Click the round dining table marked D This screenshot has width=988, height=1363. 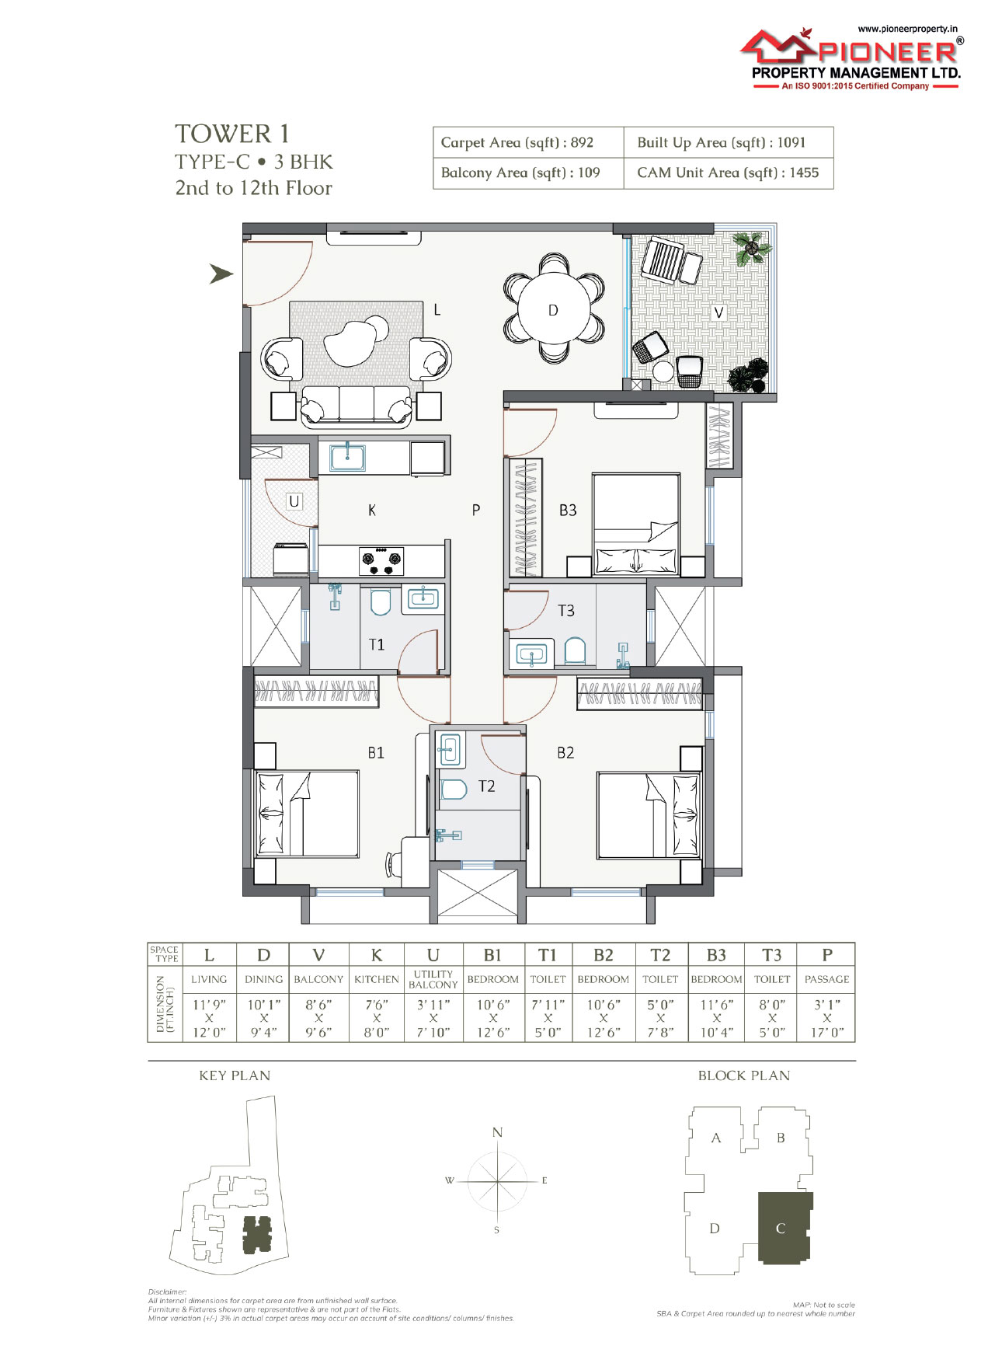pyautogui.click(x=552, y=310)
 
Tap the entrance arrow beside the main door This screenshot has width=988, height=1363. pyautogui.click(x=221, y=274)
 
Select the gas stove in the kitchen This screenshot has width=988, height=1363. pyautogui.click(x=381, y=560)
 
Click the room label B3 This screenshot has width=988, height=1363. pyautogui.click(x=568, y=511)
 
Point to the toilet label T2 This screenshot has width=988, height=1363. pyautogui.click(x=486, y=786)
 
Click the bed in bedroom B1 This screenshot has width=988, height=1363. pyautogui.click(x=307, y=814)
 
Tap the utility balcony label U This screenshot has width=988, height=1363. pyautogui.click(x=294, y=501)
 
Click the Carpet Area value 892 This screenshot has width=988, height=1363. pyautogui.click(x=582, y=142)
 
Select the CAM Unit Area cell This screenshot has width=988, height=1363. pyautogui.click(x=728, y=173)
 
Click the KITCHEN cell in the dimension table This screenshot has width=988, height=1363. pyautogui.click(x=377, y=979)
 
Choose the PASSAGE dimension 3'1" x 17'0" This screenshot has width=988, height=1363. pyautogui.click(x=827, y=1018)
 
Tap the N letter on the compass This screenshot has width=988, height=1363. pyautogui.click(x=497, y=1132)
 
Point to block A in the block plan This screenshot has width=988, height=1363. pyautogui.click(x=716, y=1138)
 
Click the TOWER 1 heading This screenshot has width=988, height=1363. pyautogui.click(x=232, y=134)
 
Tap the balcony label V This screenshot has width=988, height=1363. pyautogui.click(x=719, y=312)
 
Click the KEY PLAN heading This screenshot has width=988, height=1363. pyautogui.click(x=235, y=1075)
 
